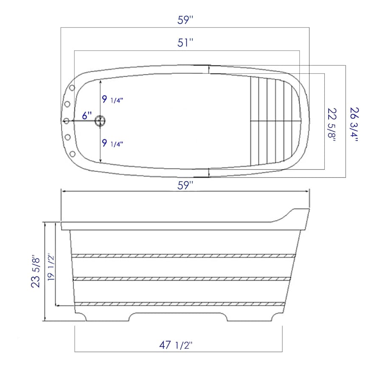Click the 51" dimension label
[x=185, y=43]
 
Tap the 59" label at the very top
[x=185, y=20]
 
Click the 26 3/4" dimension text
[x=354, y=125]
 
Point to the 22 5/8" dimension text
[x=332, y=125]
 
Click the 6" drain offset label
[x=87, y=115]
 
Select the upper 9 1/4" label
[x=112, y=100]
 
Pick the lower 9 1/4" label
[x=112, y=143]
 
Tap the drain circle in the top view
[x=101, y=121]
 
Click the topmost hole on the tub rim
[x=72, y=88]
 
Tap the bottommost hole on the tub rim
[x=72, y=153]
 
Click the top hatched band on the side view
[x=183, y=256]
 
